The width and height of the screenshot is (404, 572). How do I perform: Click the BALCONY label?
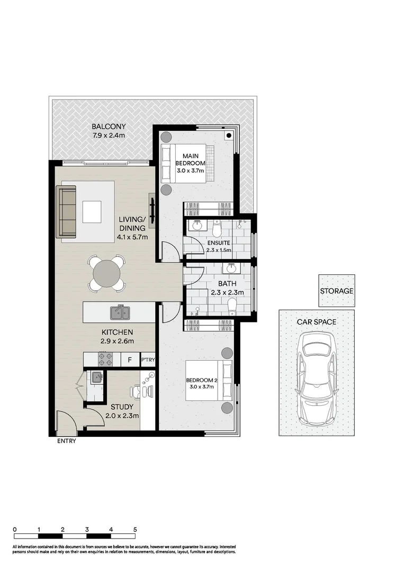[109, 127]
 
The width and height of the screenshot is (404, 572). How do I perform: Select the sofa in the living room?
[67, 212]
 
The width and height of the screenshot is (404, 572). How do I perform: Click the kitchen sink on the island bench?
[120, 312]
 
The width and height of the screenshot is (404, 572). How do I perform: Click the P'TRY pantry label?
[148, 360]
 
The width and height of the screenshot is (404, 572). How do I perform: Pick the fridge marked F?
[129, 360]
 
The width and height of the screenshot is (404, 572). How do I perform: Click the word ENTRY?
[66, 441]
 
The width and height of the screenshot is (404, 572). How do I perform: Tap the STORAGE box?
[336, 291]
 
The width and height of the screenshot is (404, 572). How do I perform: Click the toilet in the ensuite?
[217, 228]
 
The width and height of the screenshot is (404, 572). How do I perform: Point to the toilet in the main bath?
[231, 306]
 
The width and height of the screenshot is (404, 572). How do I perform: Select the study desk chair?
[136, 392]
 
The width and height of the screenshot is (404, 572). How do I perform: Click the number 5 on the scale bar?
[135, 530]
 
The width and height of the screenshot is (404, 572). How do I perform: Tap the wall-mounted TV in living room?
[152, 211]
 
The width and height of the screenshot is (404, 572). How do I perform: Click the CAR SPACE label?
[317, 321]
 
